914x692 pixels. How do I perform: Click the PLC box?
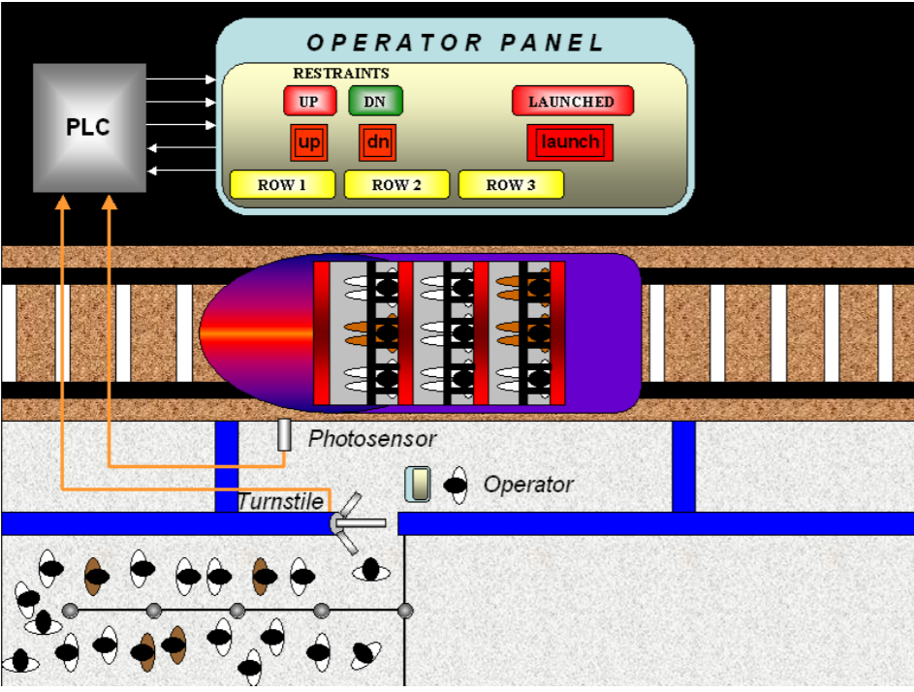[89, 127]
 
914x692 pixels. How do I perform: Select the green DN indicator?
[375, 101]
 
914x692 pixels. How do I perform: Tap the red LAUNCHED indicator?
[572, 101]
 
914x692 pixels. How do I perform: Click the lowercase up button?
[309, 142]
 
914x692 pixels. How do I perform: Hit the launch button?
[570, 142]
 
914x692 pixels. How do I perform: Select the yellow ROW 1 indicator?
[282, 184]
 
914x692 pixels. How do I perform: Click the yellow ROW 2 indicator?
[396, 184]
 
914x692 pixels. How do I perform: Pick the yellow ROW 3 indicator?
[511, 184]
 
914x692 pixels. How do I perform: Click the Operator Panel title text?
[456, 43]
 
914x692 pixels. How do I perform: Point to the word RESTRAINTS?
[341, 74]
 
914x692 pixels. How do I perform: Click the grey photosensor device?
[284, 435]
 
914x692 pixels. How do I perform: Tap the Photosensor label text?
[372, 439]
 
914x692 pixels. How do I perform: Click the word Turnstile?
[280, 501]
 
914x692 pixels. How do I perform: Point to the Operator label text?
[528, 485]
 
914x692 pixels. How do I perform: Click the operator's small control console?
[418, 485]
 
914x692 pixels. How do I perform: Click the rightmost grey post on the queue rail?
[405, 611]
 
